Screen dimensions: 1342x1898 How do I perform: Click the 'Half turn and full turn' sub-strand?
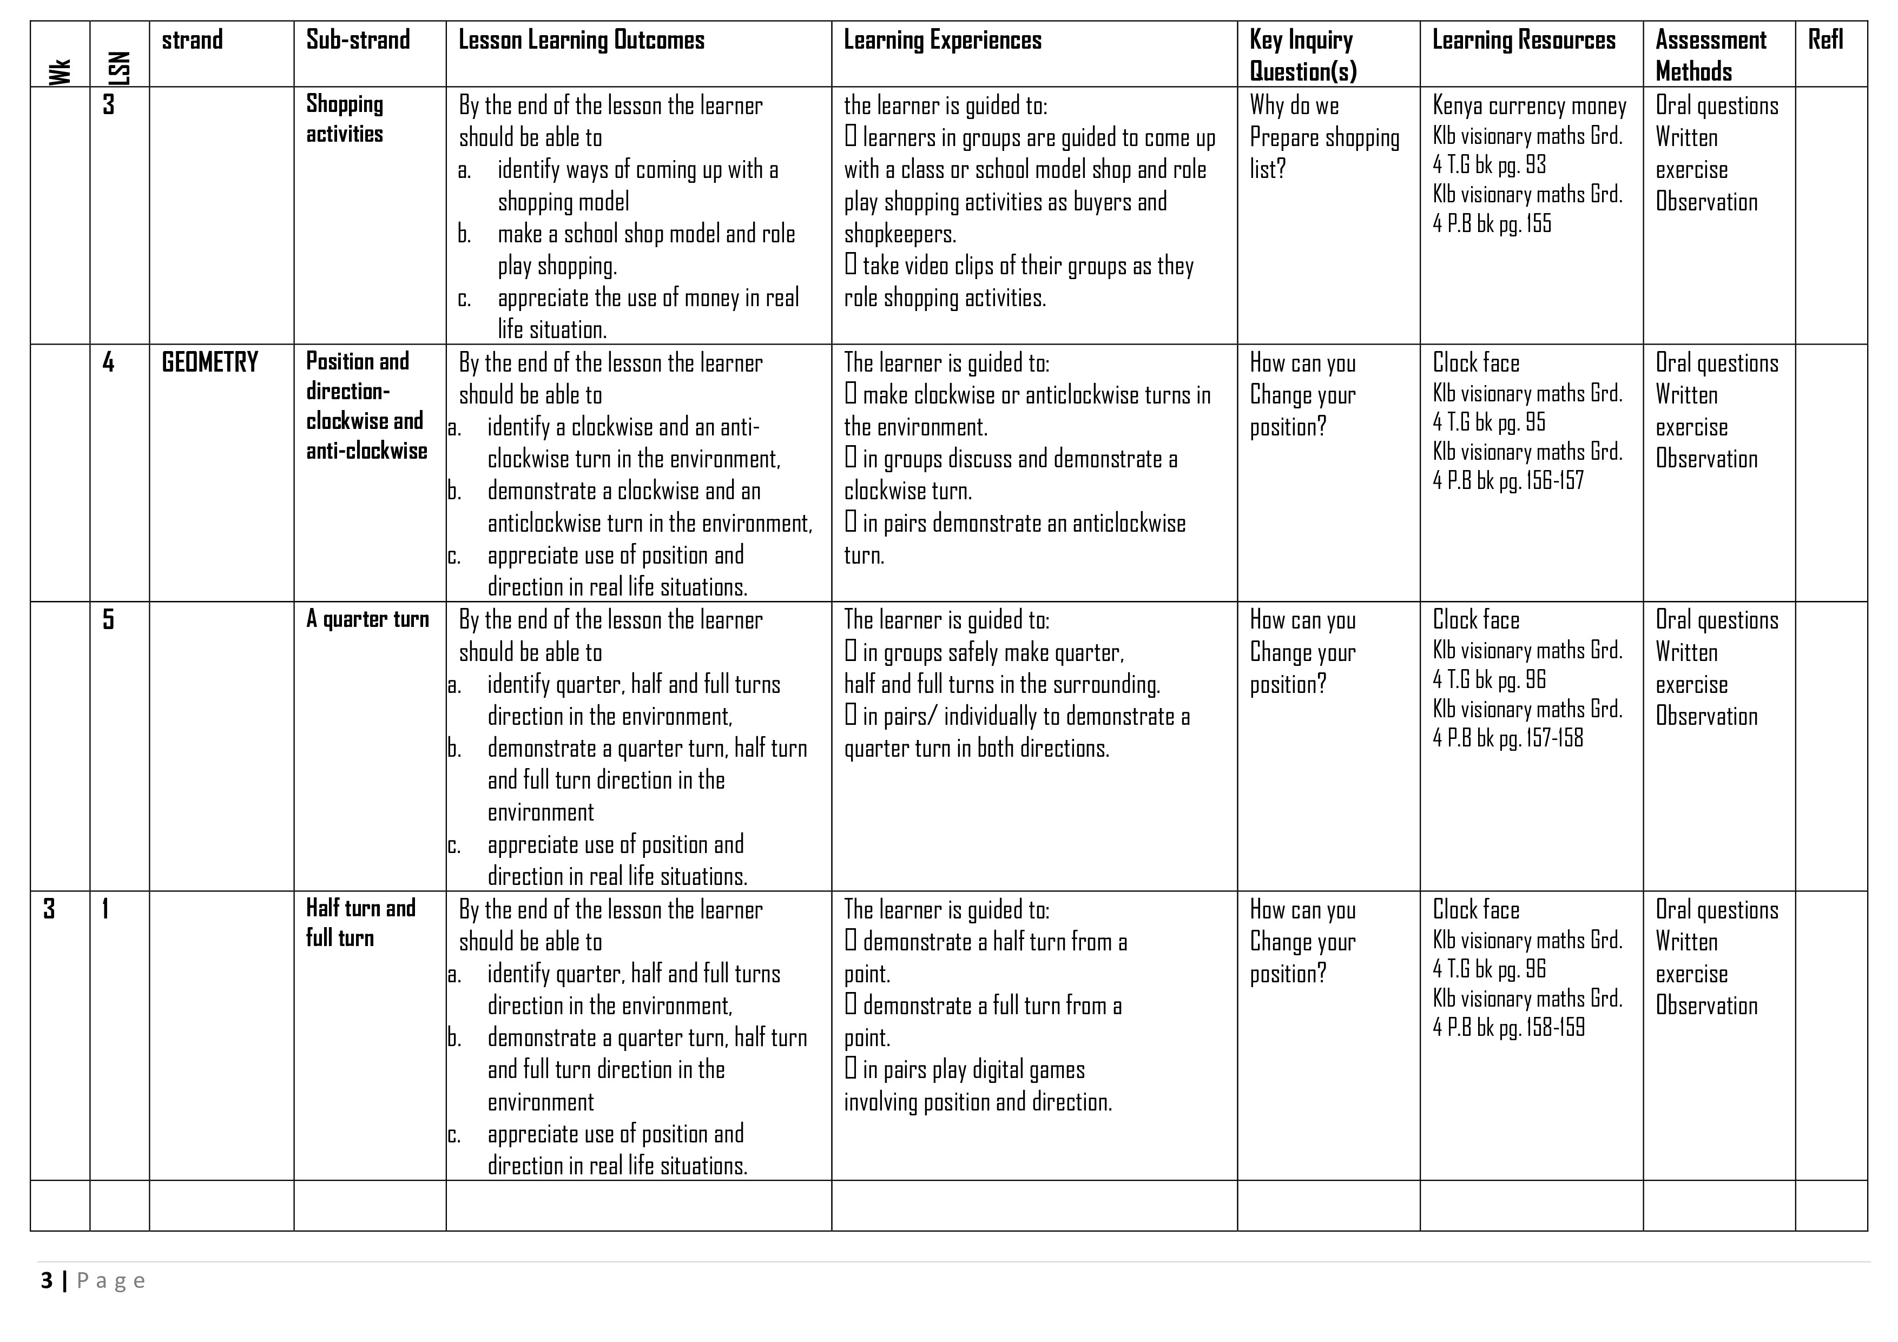[360, 923]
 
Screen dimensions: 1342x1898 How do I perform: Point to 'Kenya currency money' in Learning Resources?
[1530, 107]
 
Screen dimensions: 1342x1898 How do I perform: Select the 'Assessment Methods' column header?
[1710, 55]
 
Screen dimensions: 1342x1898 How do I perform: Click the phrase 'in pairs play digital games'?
[973, 1070]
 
